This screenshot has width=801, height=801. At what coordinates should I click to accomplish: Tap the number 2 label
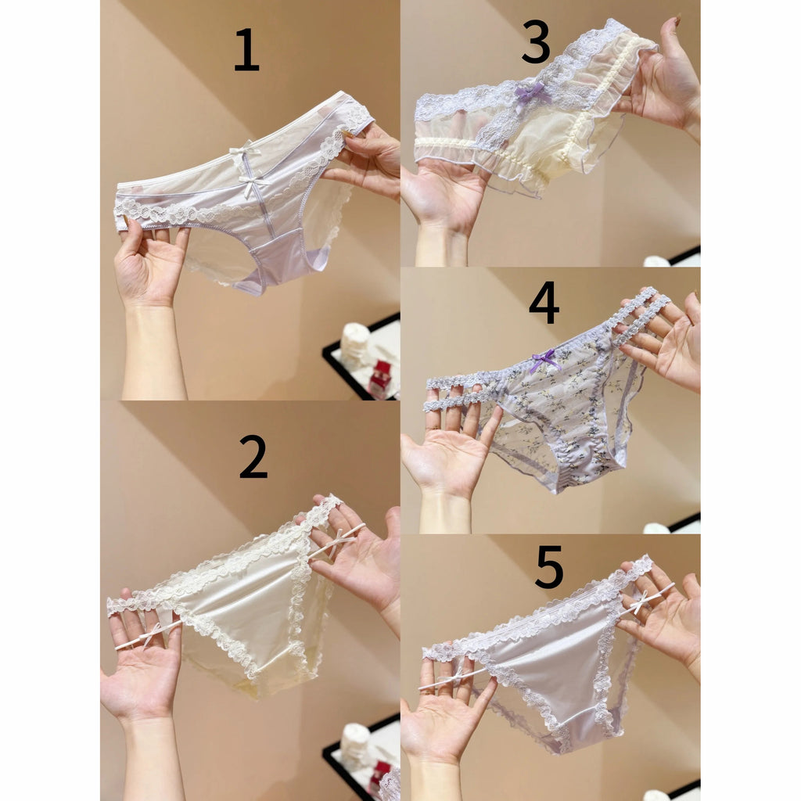253,457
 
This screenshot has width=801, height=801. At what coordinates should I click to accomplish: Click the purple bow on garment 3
531,93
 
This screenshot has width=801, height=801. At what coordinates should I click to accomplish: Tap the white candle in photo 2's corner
356,743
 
